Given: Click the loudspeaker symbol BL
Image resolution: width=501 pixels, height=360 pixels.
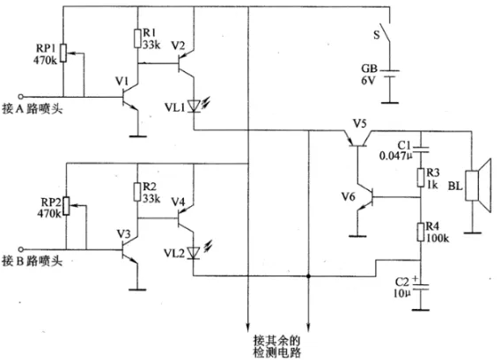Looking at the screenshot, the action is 478,185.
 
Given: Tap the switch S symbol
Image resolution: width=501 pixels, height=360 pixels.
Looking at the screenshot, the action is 386,32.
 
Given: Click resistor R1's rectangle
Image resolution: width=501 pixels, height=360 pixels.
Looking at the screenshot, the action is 137,39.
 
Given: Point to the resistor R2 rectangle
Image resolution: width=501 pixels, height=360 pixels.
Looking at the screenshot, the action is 137,192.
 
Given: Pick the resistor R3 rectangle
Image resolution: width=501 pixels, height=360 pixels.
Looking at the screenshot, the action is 421,178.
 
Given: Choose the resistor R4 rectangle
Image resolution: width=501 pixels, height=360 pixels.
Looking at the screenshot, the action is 421,231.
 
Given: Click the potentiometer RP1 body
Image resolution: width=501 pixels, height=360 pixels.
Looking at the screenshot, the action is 63,53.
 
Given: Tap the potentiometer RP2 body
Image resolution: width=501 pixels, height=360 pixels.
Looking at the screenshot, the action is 66,206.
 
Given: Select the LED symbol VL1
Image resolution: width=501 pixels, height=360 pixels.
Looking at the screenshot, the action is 195,106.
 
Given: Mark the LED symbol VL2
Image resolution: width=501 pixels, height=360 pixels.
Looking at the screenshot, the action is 195,253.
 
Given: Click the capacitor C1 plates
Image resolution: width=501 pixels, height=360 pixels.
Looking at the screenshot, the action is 421,150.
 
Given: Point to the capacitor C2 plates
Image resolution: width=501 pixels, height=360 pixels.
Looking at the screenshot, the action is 421,286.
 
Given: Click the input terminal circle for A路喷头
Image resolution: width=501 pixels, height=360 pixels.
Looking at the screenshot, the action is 21,97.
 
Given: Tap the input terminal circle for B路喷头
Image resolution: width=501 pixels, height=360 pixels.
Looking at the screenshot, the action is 21,249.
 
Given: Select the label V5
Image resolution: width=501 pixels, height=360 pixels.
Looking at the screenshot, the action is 359,123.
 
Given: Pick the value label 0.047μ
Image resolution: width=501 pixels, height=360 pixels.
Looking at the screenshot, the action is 395,156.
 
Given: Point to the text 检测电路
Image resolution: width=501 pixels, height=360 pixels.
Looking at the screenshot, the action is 277,353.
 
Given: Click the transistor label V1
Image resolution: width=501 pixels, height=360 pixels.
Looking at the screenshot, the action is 122,82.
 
